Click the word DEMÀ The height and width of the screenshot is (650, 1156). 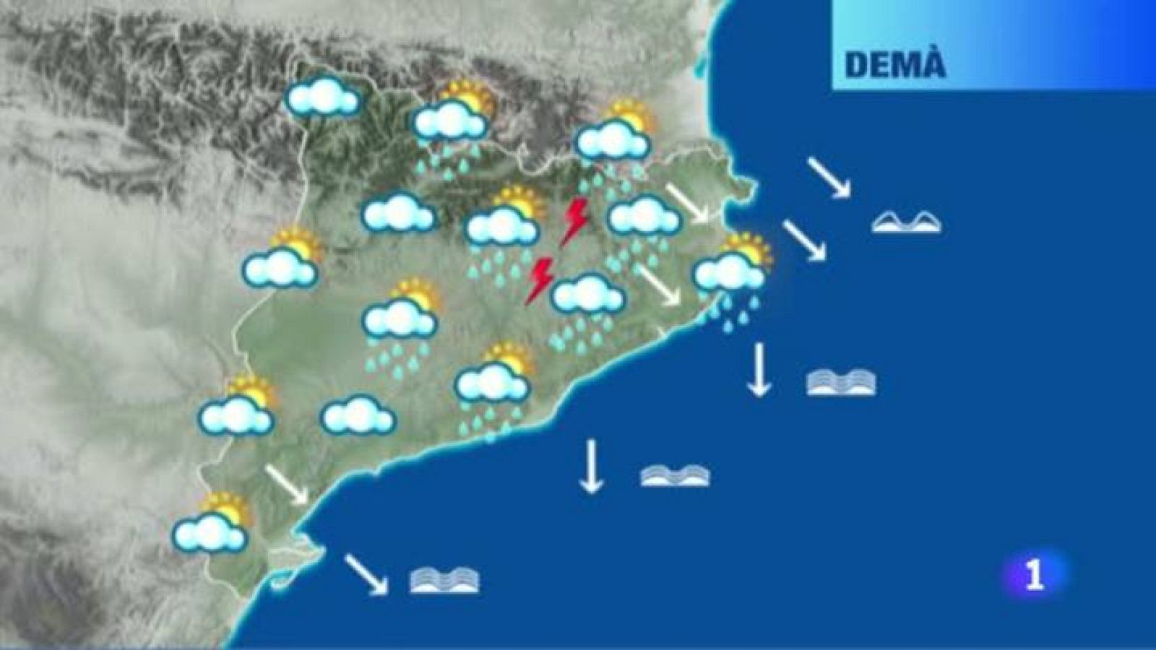pos(894,64)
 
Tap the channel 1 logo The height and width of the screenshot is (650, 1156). pos(1035,575)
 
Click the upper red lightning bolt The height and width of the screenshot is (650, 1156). pos(576,222)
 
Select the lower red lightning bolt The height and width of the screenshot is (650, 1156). pos(540,279)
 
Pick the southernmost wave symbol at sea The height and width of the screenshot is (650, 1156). pos(444,581)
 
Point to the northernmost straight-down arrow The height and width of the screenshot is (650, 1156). pos(759,369)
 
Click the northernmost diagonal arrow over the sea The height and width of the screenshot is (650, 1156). pos(827,177)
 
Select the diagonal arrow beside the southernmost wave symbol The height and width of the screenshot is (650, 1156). pos(366,575)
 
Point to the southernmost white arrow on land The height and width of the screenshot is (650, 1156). pos(287,485)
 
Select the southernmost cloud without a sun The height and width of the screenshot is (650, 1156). pos(358,416)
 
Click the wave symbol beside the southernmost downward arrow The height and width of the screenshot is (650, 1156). pos(675,474)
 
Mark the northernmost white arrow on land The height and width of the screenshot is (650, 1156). pos(686,203)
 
